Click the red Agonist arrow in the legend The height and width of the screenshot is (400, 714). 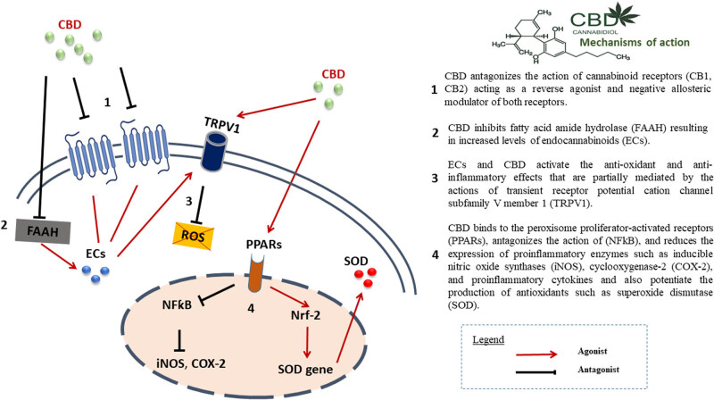point(579,352)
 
